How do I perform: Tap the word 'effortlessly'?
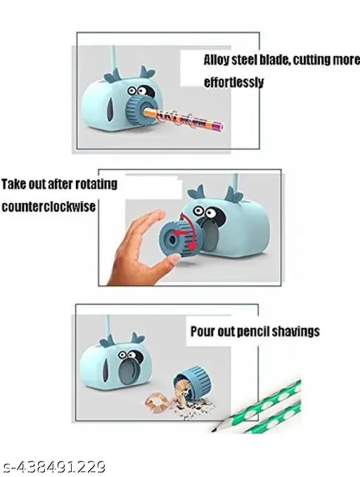233,82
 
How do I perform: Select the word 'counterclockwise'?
49,207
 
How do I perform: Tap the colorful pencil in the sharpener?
184,119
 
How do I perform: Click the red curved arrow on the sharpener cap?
189,231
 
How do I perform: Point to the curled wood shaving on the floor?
157,402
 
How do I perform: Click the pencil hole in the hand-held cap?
172,240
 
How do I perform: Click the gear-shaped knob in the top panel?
139,111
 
